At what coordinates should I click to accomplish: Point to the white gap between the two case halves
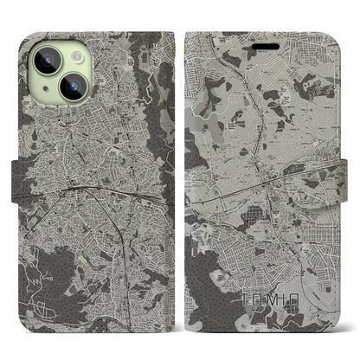(180, 180)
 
